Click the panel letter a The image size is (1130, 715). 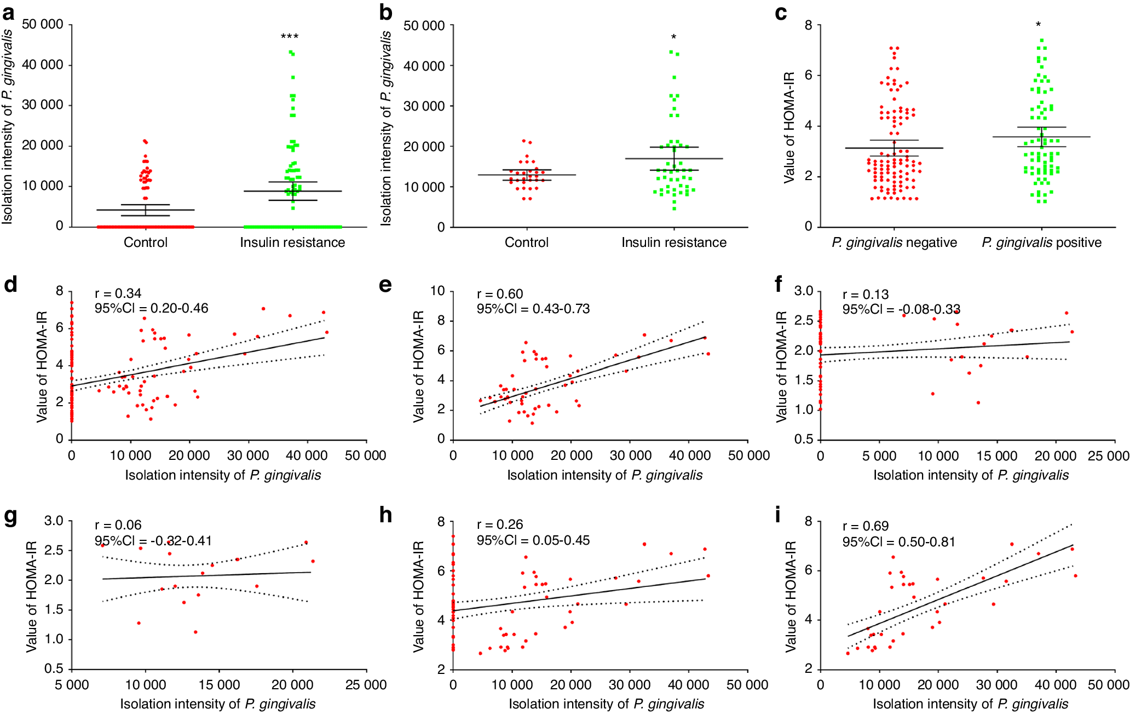8,13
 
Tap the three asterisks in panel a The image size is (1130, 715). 290,37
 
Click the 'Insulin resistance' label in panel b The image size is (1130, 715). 674,243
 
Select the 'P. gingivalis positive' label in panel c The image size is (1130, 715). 1041,243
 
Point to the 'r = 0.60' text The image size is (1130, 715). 500,294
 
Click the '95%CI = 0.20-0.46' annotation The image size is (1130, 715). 151,308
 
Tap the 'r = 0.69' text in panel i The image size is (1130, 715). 866,526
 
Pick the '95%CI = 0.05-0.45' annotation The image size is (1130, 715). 533,540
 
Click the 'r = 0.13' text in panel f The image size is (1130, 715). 866,295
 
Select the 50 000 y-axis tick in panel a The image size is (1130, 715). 43,25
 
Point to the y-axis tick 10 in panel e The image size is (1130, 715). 437,291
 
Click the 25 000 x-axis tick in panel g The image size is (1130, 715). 366,685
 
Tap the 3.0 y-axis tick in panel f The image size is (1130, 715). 804,291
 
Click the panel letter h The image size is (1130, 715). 386,515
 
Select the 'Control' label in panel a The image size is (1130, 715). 146,243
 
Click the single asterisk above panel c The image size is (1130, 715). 1038,25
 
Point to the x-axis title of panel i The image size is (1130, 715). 971,704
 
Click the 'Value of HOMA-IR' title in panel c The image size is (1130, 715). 789,128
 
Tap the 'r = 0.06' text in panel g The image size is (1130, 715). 118,525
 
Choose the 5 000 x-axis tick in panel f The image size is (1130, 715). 879,455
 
